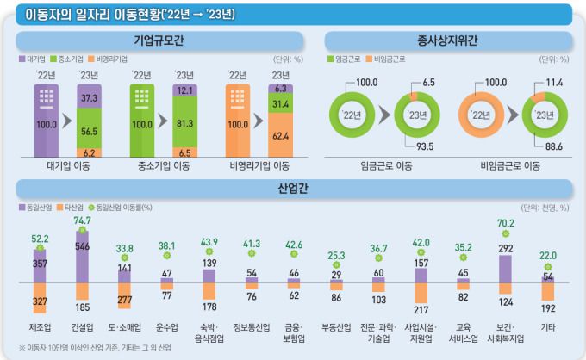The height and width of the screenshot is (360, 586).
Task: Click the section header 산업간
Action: (292, 188)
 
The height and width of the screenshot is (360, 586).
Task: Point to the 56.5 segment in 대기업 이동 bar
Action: (89, 131)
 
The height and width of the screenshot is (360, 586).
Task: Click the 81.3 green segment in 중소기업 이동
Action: (184, 122)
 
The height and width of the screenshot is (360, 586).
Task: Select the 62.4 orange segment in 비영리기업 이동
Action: (280, 135)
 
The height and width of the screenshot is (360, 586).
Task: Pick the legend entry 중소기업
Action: (72, 59)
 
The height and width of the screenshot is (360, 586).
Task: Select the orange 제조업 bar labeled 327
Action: (40, 301)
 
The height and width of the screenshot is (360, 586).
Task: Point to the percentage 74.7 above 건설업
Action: (83, 221)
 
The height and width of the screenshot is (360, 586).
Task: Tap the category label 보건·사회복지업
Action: (506, 332)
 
